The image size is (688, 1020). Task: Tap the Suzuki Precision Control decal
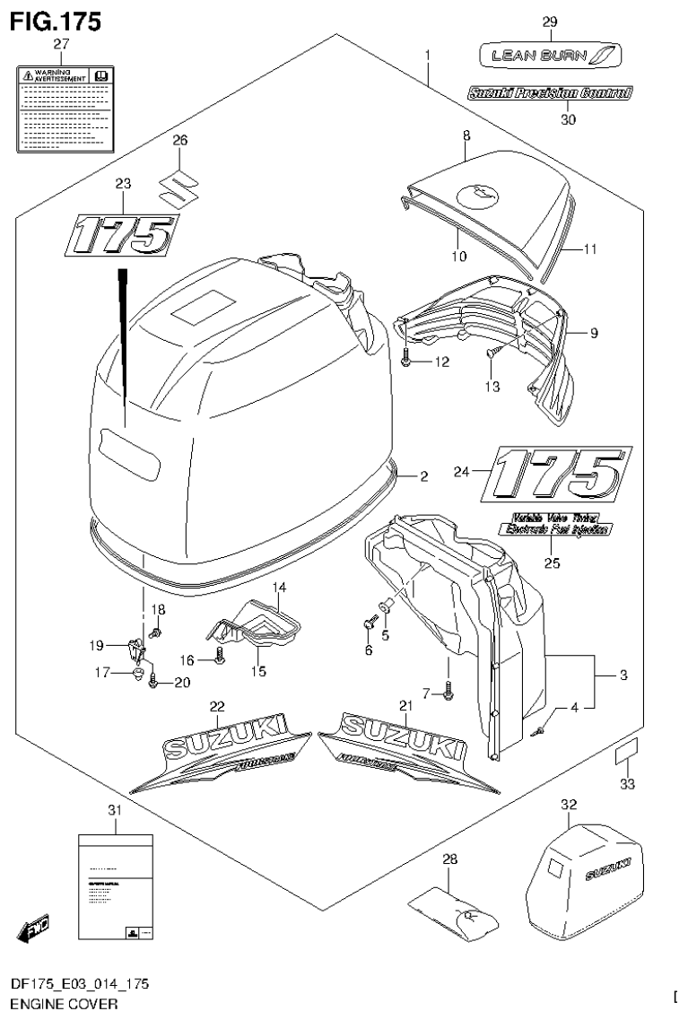point(549,92)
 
